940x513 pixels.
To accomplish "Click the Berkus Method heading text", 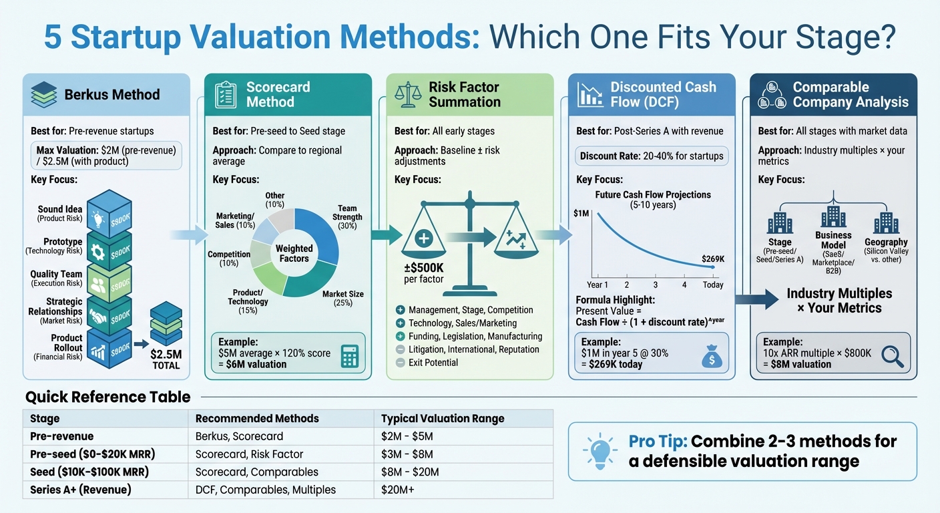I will tap(112, 94).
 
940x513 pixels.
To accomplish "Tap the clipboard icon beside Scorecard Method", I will tap(225, 94).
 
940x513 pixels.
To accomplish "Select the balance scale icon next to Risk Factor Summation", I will tap(407, 94).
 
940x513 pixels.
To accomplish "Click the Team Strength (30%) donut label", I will tap(347, 216).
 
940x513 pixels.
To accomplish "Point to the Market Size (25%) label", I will tap(342, 298).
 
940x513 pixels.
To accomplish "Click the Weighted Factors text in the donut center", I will tap(294, 253).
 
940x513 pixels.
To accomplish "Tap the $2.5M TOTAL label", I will tap(166, 359).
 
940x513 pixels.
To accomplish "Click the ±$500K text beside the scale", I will tap(424, 273).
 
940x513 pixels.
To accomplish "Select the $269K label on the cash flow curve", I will tap(712, 259).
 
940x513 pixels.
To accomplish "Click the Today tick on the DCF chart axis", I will tap(712, 285).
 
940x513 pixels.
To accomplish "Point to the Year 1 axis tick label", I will tap(597, 285).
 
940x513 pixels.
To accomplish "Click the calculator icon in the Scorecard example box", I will tap(349, 357).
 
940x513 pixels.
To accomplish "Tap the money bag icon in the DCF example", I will tap(712, 358).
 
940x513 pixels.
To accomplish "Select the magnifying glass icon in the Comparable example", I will tap(893, 356).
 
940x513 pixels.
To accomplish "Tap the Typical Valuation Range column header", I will tap(443, 419).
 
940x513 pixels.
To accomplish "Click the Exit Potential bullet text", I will tap(433, 362).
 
